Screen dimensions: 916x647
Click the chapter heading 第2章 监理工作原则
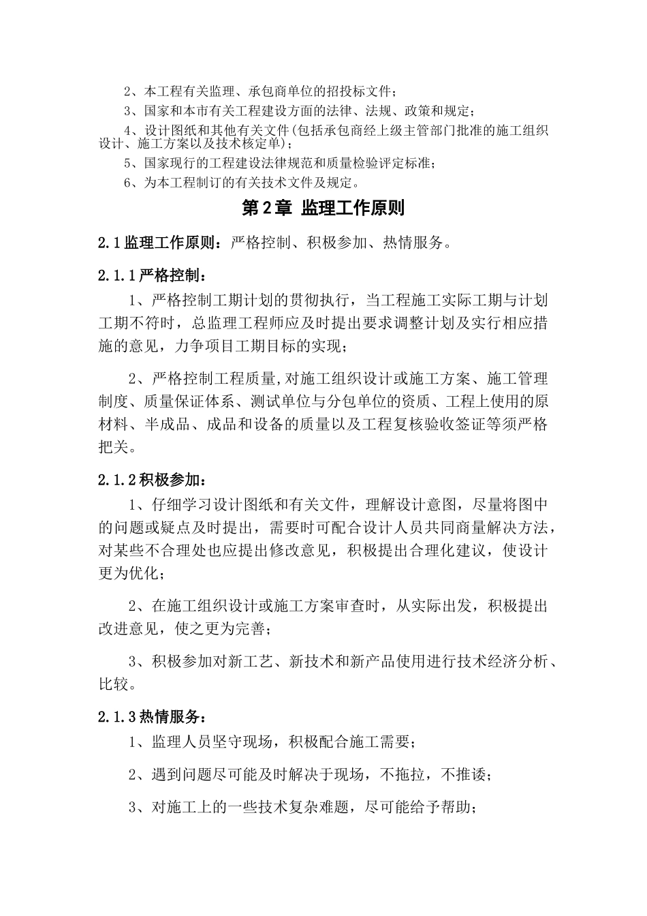(x=323, y=209)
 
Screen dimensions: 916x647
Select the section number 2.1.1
(x=118, y=275)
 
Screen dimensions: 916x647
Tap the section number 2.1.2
(x=118, y=480)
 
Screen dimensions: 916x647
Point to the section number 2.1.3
(x=118, y=717)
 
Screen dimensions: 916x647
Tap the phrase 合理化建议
(x=441, y=549)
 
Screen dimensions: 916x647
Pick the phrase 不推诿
(x=463, y=775)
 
